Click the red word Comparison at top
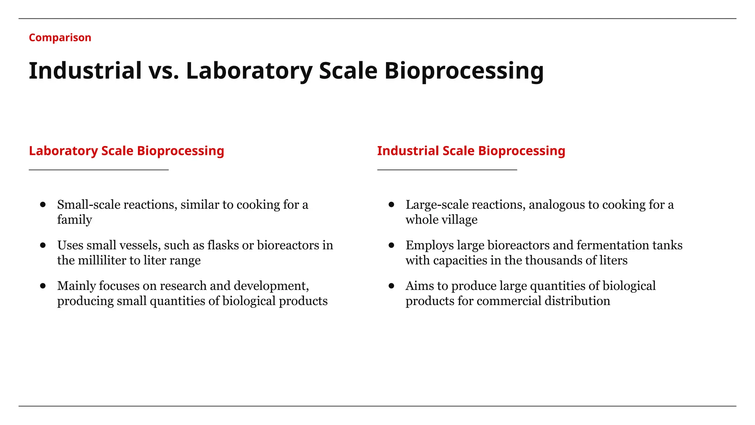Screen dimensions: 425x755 (60, 38)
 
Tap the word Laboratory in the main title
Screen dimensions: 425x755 (249, 71)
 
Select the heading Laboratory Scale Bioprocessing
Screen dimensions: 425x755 (126, 151)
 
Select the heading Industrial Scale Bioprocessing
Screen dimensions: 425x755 (471, 151)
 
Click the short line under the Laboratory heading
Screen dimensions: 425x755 (98, 170)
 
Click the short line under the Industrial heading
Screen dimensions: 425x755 (447, 170)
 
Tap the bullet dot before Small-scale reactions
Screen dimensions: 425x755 (43, 204)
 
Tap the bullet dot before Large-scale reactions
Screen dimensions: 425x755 (392, 204)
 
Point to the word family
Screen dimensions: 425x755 (74, 220)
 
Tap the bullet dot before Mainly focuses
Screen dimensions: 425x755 (43, 286)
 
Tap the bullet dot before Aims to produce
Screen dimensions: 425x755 (392, 286)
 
